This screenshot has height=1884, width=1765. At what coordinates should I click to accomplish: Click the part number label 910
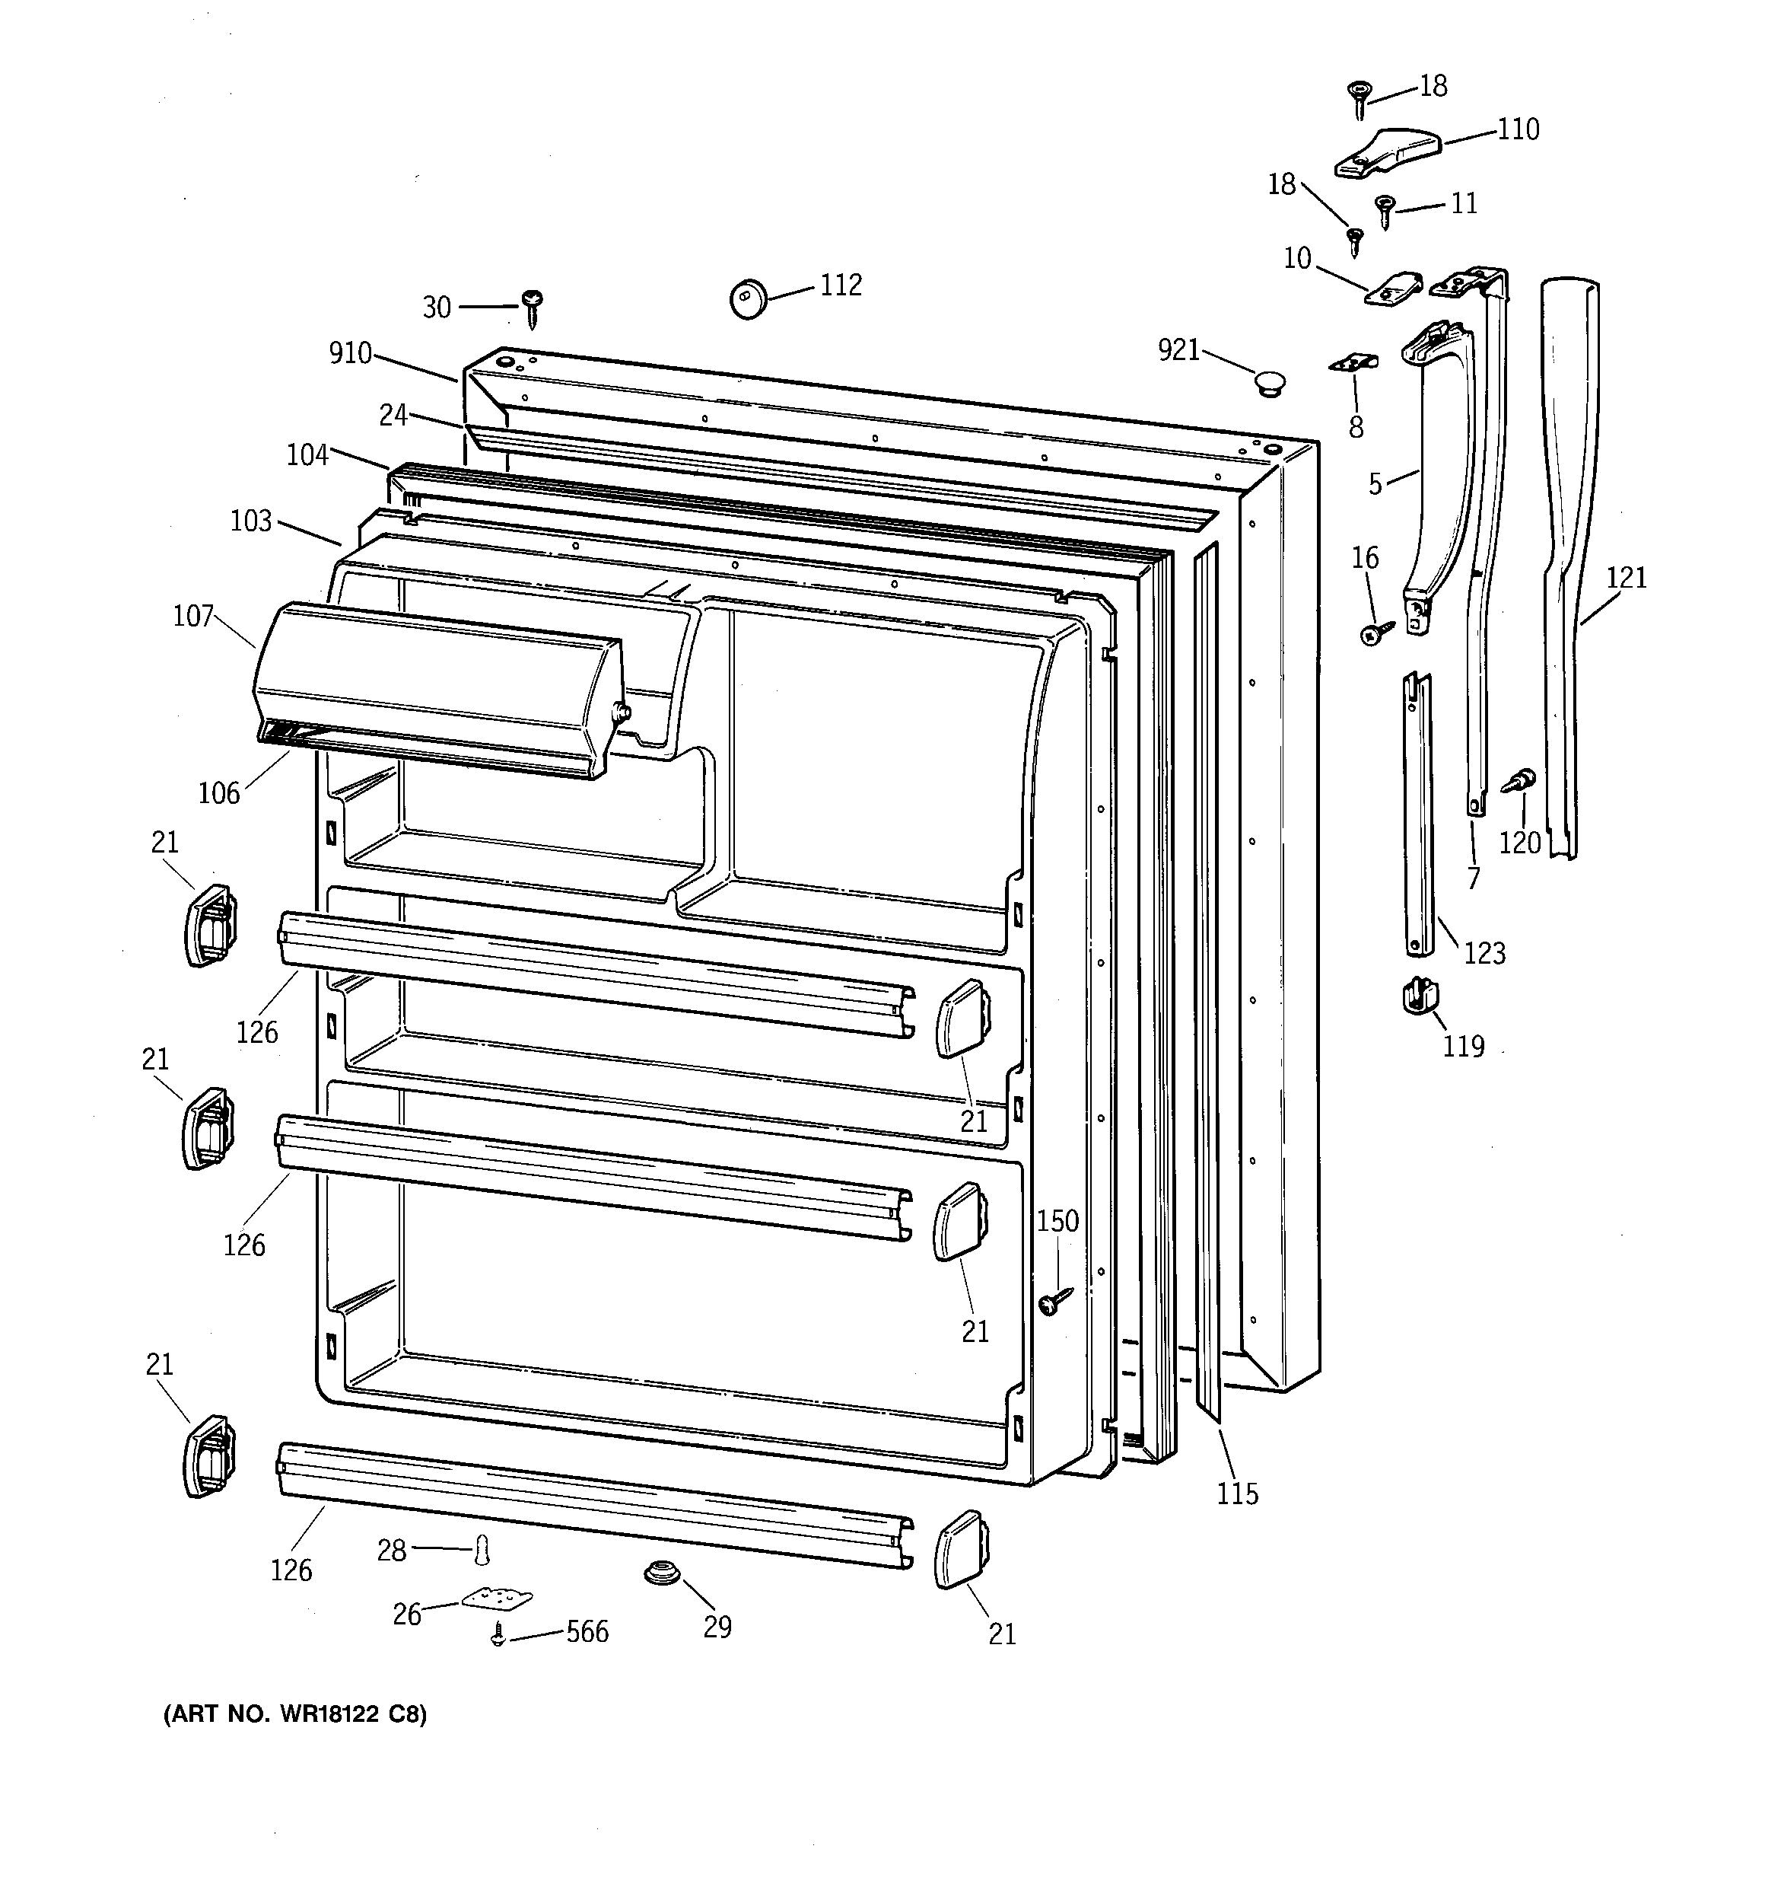[x=350, y=353]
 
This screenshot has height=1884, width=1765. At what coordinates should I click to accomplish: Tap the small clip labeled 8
[x=1355, y=363]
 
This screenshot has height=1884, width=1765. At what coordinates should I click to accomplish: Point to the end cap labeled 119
[x=1420, y=995]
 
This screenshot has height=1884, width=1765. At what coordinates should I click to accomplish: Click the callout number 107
[x=193, y=617]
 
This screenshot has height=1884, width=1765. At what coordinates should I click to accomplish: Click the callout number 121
[x=1627, y=577]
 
